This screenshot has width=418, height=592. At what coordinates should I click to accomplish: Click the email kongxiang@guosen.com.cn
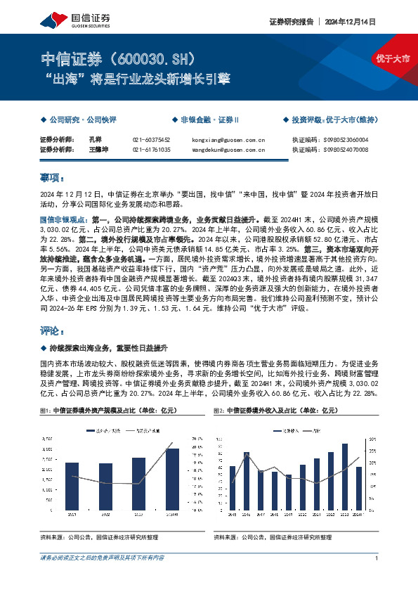click(228, 139)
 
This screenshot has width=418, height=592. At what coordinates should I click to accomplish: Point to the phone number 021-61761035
click(151, 150)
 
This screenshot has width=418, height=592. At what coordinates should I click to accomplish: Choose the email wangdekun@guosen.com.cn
click(229, 150)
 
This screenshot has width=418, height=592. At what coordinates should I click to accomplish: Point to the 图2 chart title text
click(274, 409)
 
